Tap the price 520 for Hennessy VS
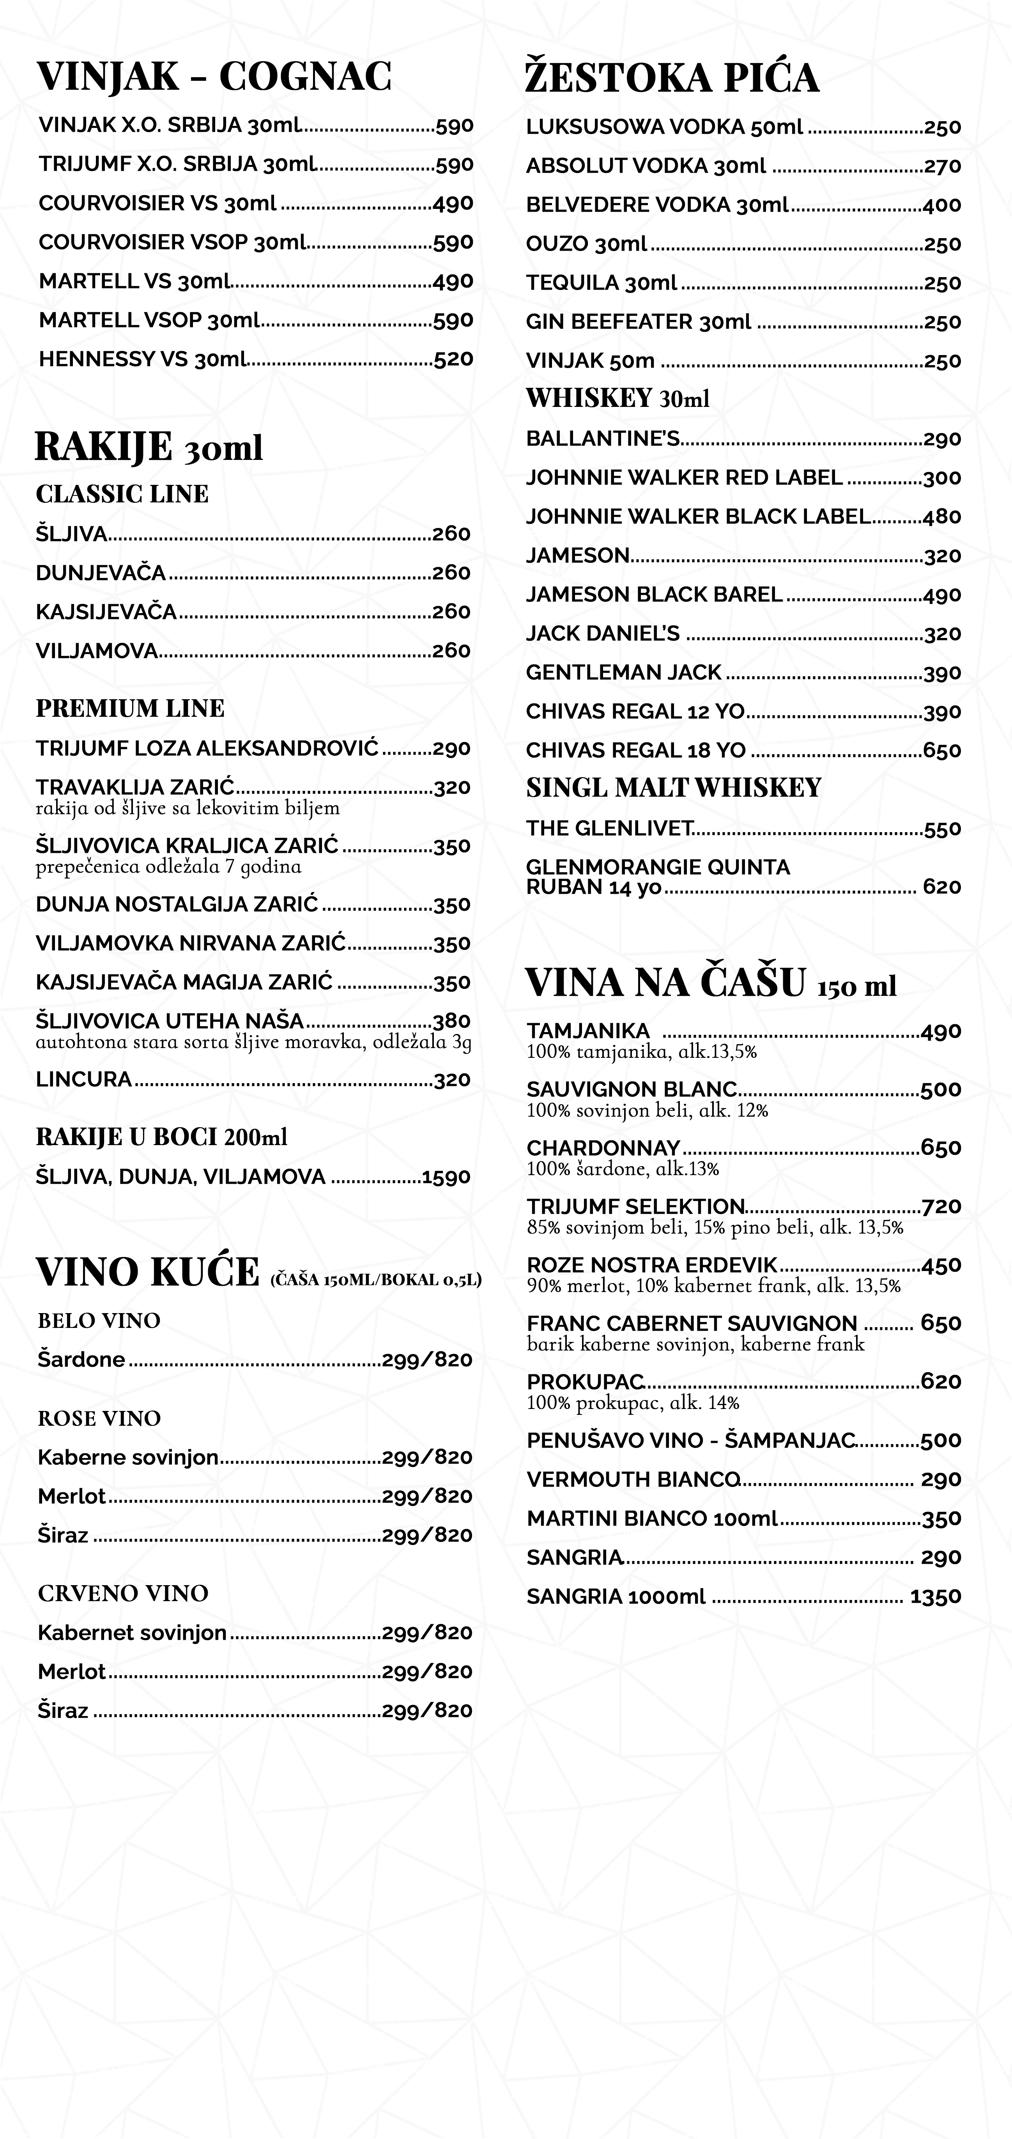453,359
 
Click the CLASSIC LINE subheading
122,494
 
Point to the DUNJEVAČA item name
101,573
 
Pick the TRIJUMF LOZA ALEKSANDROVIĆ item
207,748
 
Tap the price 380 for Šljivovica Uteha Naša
452,1020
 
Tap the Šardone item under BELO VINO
81,1359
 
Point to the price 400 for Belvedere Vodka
941,205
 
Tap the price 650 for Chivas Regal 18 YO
941,751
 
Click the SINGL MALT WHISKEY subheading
673,787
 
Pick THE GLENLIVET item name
609,829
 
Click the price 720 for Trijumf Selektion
941,1207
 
